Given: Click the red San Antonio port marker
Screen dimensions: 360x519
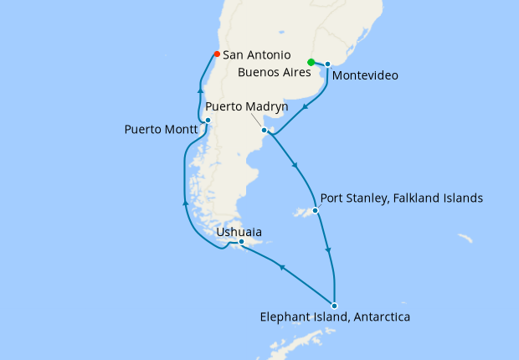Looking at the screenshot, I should (217, 54).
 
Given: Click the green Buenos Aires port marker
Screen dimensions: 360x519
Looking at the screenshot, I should (311, 62).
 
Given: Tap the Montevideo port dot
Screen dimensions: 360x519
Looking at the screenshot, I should (327, 64).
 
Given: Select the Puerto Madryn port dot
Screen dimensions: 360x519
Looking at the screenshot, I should (264, 130).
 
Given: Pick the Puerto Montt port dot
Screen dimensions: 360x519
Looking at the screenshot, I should (208, 121).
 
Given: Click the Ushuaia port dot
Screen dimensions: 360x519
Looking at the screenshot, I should (241, 242).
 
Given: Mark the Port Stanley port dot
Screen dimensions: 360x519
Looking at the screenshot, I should (316, 210).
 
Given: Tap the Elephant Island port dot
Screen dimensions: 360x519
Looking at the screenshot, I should (334, 305).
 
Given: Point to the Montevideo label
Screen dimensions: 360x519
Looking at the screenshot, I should (364, 76).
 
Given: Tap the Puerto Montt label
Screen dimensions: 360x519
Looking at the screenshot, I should (161, 130).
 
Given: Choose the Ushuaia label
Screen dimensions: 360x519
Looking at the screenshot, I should (239, 231).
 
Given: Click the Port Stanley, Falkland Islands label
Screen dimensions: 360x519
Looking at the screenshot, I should (403, 198).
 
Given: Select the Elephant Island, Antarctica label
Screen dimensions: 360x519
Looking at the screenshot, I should (335, 317).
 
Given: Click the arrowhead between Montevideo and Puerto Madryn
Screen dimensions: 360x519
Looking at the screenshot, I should (306, 106).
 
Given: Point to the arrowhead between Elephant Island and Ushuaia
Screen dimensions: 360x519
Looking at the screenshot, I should (282, 267).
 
